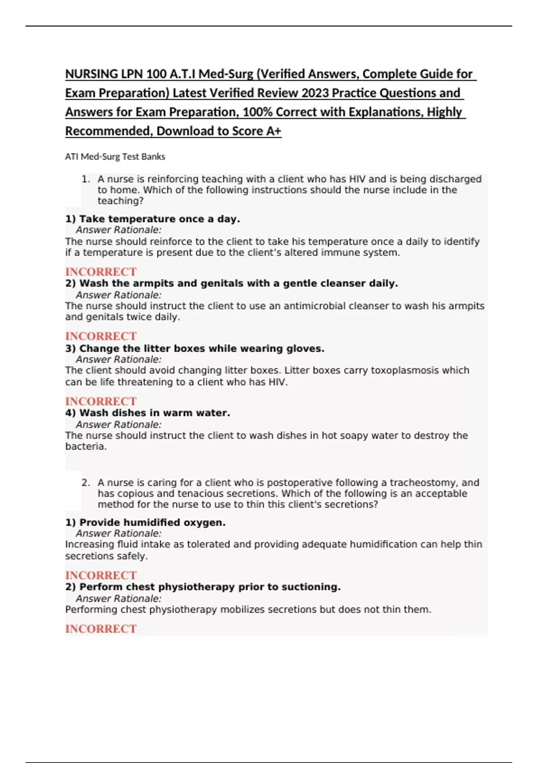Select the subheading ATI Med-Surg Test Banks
tap(115, 157)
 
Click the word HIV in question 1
tap(357, 179)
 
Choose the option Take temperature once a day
tap(152, 219)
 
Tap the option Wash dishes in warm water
tap(148, 413)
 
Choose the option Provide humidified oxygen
tap(145, 522)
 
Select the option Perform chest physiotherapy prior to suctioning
tap(203, 587)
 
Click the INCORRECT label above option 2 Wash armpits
tap(101, 272)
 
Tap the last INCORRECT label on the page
tap(101, 629)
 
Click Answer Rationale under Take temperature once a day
tap(118, 230)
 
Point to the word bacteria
tap(86, 447)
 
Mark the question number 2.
tap(86, 482)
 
